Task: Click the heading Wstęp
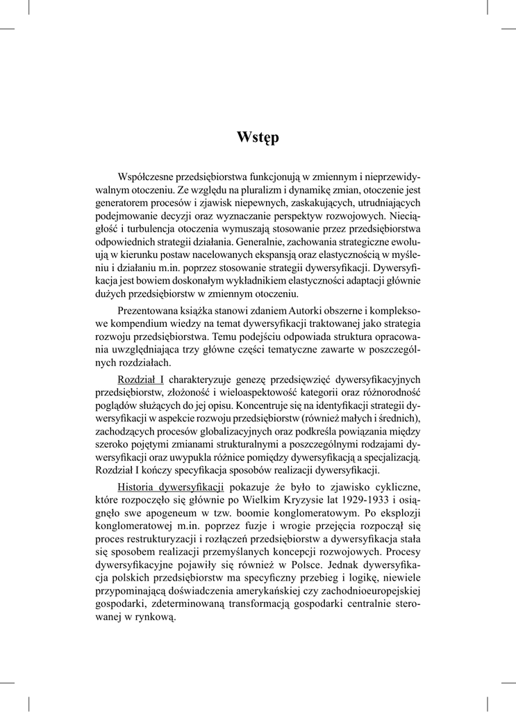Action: click(x=258, y=137)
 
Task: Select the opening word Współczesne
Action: click(x=149, y=177)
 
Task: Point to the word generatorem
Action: click(x=122, y=202)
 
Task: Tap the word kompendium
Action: click(x=142, y=324)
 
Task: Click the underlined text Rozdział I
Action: click(x=141, y=380)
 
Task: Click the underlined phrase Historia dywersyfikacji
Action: click(x=170, y=485)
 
